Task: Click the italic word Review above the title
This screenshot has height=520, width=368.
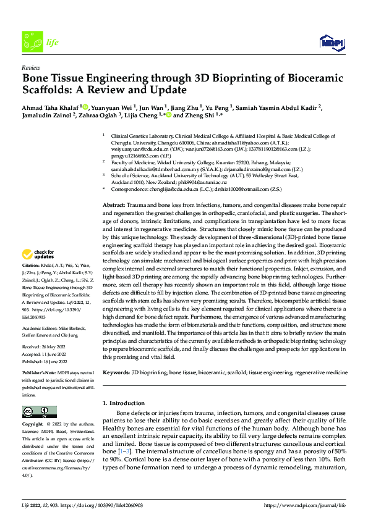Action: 30,67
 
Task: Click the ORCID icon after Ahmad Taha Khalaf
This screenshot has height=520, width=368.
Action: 85,106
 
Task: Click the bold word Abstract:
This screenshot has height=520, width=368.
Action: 113,187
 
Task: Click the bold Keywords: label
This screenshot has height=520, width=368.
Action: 116,373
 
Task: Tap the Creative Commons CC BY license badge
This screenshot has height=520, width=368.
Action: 35,412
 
